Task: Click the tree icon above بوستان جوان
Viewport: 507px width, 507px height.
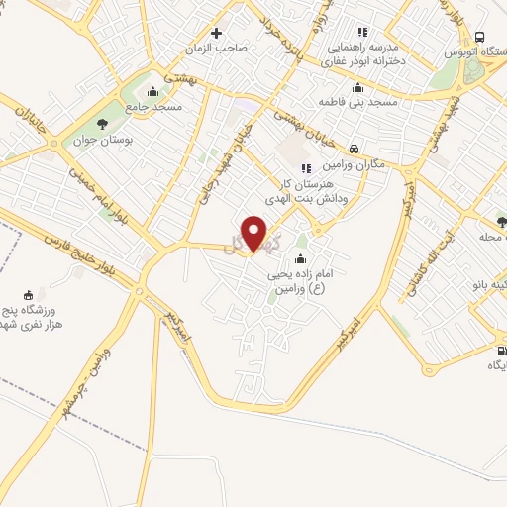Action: tap(102, 124)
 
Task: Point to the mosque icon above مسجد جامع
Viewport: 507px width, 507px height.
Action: tap(158, 90)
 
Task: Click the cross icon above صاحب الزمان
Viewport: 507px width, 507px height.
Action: tap(216, 33)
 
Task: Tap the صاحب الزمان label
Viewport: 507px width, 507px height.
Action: tap(218, 48)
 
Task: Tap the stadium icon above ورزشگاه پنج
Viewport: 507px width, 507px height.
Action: tap(28, 293)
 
